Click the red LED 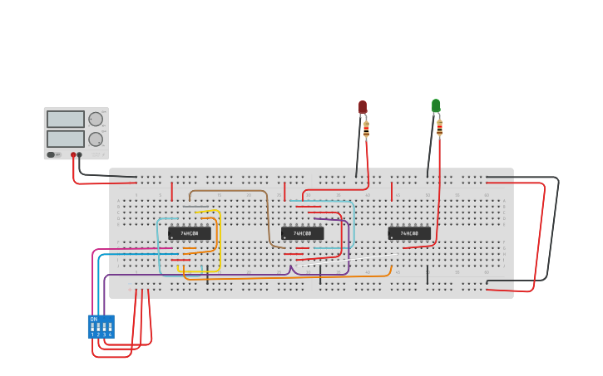point(363,107)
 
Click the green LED point(436,105)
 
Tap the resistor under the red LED point(366,129)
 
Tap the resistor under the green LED point(439,128)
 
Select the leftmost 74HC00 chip point(189,233)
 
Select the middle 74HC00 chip point(302,233)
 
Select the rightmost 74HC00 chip point(409,233)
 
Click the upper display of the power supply point(66,119)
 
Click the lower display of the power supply point(66,139)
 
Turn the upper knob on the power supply point(96,119)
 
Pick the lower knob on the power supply point(96,139)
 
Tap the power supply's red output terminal point(73,154)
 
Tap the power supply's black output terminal point(80,154)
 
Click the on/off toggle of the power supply point(51,154)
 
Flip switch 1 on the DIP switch point(92,327)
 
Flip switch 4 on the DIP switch point(109,327)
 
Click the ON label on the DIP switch point(94,319)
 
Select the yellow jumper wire point(219,241)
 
